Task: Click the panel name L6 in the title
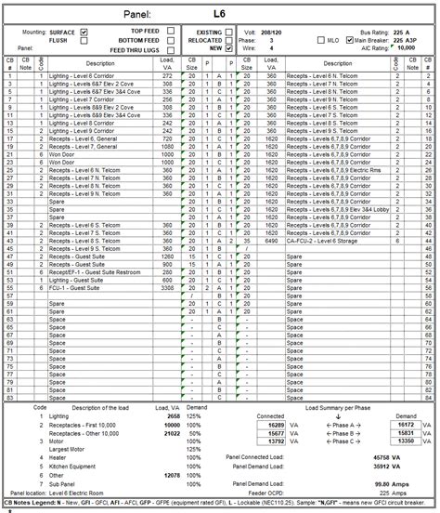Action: pos(218,14)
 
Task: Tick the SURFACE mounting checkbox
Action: pos(84,32)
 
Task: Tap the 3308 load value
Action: pos(167,288)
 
